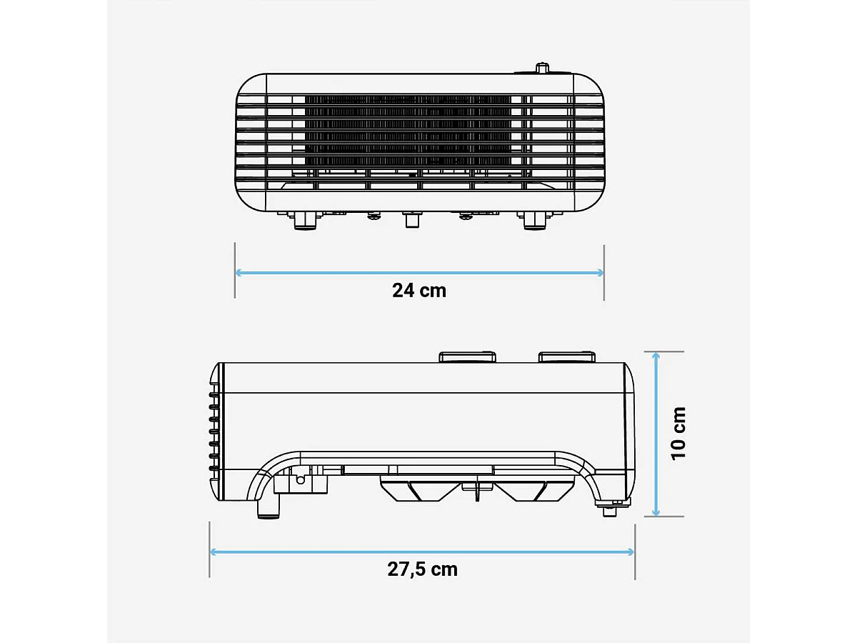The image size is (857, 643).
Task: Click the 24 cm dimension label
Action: point(419,291)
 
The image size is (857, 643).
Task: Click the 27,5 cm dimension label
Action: point(422,569)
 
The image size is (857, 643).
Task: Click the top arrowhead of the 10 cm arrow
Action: point(656,356)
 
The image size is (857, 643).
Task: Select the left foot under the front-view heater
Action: point(306,221)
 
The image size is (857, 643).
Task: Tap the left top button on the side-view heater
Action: point(468,357)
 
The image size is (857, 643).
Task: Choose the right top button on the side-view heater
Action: point(567,357)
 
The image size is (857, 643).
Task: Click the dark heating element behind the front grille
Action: point(407,132)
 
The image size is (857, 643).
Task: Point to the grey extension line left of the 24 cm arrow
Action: point(235,271)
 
